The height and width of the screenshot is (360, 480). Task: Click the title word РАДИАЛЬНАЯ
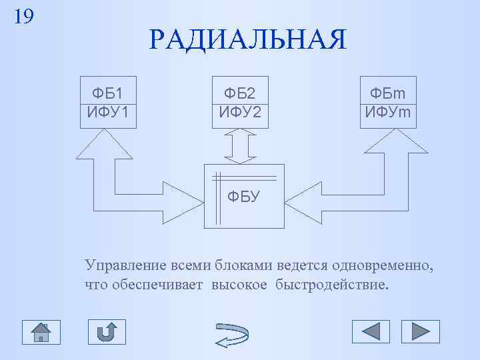(248, 41)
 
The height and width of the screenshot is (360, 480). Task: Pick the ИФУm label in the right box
(388, 111)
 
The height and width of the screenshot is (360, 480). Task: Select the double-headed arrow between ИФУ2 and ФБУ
(241, 145)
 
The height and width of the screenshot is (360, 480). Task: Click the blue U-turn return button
(107, 331)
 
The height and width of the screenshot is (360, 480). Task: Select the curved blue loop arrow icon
(233, 333)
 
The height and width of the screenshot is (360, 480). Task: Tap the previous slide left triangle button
(371, 331)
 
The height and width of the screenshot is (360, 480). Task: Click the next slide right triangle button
(421, 331)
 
